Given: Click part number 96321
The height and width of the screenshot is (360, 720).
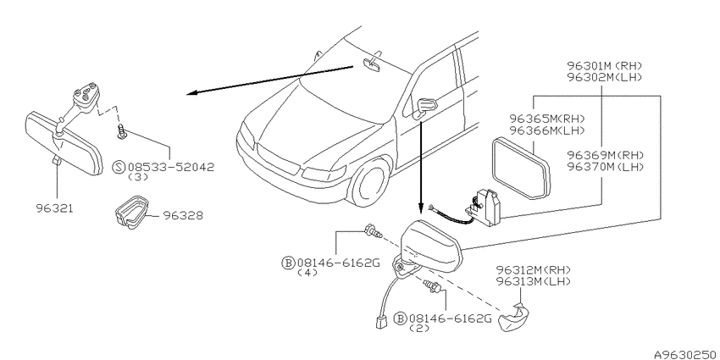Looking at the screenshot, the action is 55,208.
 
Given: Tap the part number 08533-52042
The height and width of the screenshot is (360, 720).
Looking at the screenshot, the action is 171,167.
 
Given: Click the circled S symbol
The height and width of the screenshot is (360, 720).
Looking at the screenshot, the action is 119,167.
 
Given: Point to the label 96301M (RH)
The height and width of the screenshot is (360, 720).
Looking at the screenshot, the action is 604,66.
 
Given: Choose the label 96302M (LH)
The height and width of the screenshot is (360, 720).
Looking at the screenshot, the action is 604,77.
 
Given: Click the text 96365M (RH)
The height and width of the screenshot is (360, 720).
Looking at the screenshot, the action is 547,119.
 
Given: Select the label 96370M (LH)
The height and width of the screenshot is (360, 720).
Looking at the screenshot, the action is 605,167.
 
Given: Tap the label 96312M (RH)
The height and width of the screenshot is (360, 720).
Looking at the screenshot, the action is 534,269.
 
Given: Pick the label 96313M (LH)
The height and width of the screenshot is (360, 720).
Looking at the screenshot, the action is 534,281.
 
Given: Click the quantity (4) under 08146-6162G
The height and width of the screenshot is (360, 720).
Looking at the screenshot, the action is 307,273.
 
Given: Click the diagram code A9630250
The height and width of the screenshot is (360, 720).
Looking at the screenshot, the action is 686,354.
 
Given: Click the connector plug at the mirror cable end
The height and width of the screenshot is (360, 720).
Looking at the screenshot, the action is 379,324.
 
